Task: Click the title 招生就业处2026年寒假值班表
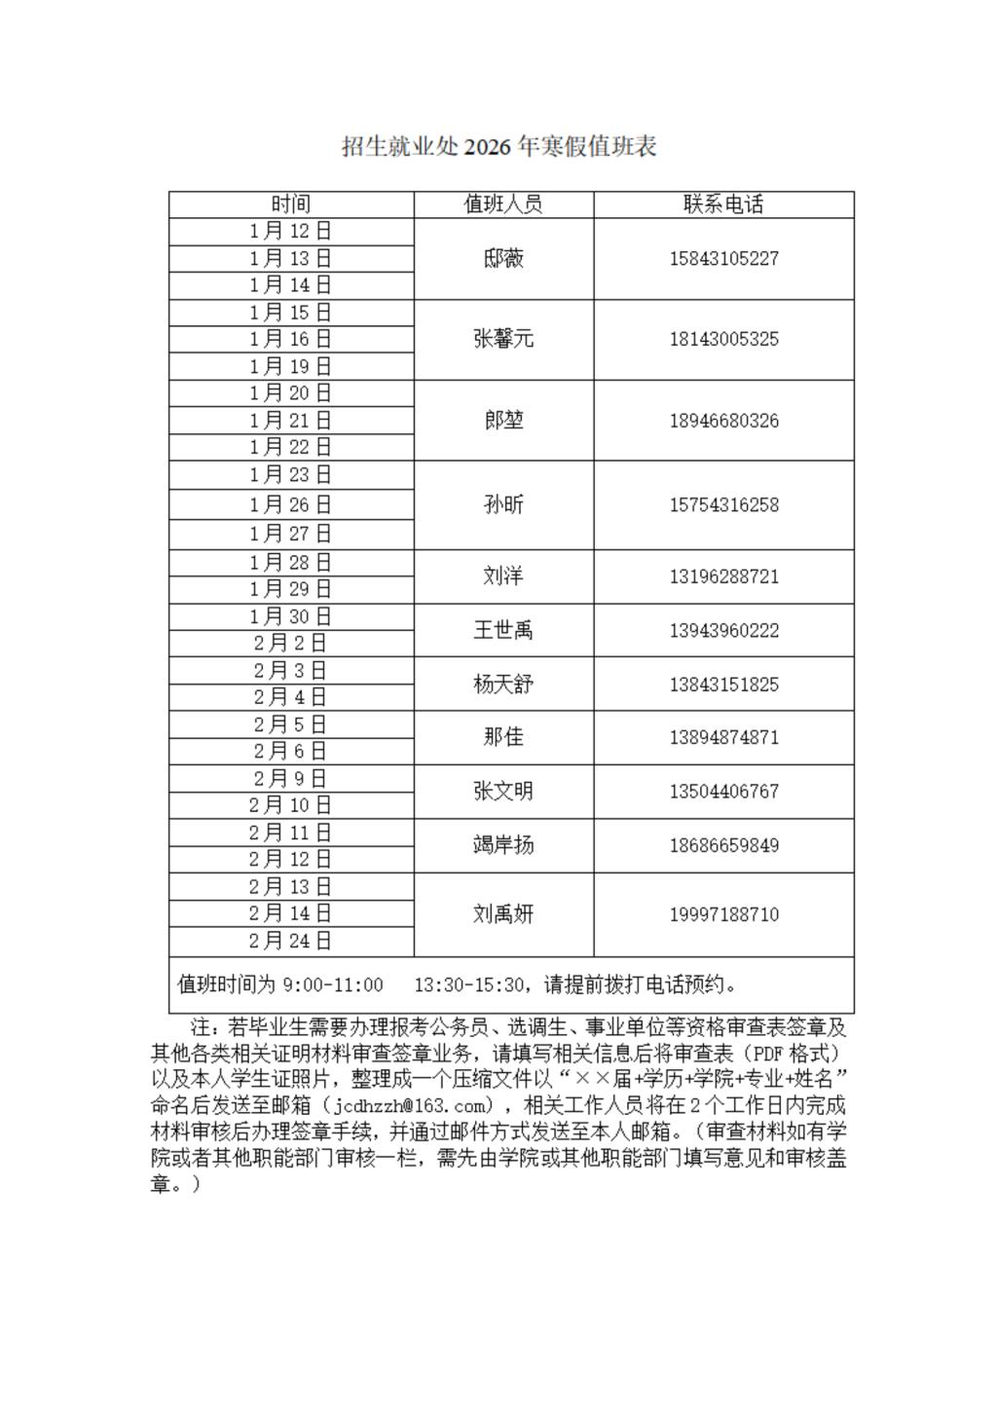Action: [x=498, y=146]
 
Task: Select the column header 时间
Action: [x=290, y=204]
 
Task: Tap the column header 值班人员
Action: [x=503, y=204]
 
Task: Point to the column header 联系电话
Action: [x=723, y=204]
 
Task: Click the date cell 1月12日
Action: [x=290, y=231]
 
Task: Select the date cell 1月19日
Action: [x=290, y=366]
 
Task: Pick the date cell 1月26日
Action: [x=290, y=504]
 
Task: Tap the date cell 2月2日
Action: [x=290, y=643]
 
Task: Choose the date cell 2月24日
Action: [x=290, y=941]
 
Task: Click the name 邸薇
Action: [x=503, y=258]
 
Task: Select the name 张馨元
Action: [x=503, y=339]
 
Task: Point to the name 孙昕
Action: [x=503, y=504]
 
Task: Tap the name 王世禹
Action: [x=503, y=630]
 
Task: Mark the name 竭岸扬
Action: [x=503, y=845]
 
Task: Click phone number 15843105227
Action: [x=723, y=259]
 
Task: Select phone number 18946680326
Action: [x=723, y=421]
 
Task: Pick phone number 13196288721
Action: [x=723, y=576]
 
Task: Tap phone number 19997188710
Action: [x=723, y=914]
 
